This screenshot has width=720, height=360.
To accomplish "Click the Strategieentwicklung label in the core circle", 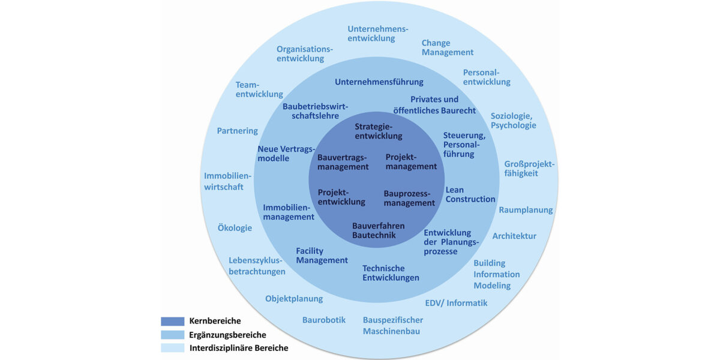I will tap(378, 131).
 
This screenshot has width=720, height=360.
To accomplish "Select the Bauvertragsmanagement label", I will tap(343, 162).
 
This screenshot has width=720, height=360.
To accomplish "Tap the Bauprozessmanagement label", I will tap(409, 199).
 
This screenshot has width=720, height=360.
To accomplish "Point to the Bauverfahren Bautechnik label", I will tap(378, 230).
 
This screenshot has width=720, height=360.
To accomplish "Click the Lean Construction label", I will tap(470, 194).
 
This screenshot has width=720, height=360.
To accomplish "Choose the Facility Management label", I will tap(322, 256).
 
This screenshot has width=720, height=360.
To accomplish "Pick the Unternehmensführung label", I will tap(379, 82).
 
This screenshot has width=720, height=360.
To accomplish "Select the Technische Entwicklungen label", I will tap(391, 273).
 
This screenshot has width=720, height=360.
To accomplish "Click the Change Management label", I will tap(447, 48).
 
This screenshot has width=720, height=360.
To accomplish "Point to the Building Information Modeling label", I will tap(496, 274).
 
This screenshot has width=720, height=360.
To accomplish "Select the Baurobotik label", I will tap(323, 320).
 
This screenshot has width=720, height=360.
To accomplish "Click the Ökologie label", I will tap(235, 228).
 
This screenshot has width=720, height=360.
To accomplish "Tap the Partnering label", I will tap(237, 131).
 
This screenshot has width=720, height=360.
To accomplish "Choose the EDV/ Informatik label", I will tap(456, 303).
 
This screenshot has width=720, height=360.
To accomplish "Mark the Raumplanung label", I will tap(526, 210).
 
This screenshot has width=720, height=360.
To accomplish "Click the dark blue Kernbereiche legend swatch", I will tap(172, 321).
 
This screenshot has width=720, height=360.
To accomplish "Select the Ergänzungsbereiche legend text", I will tap(227, 335).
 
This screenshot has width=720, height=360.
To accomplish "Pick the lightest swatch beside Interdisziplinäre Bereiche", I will tap(172, 348).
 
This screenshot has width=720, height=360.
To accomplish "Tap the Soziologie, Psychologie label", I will tap(514, 121).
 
